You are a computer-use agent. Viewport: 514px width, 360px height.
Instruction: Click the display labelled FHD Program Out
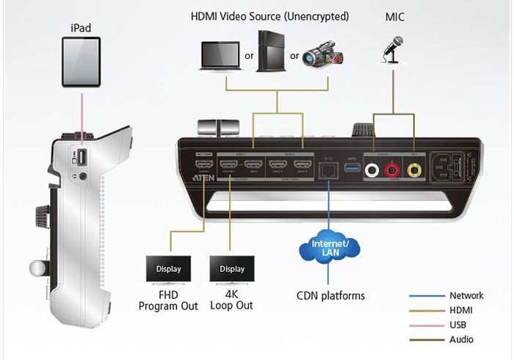167,269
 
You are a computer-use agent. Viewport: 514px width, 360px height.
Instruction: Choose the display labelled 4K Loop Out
231,269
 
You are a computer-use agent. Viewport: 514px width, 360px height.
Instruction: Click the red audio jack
392,170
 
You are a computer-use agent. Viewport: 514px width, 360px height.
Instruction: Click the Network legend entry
466,296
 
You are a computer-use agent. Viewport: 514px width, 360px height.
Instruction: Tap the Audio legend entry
461,339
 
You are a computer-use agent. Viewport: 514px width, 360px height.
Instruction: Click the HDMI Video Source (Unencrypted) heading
270,16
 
